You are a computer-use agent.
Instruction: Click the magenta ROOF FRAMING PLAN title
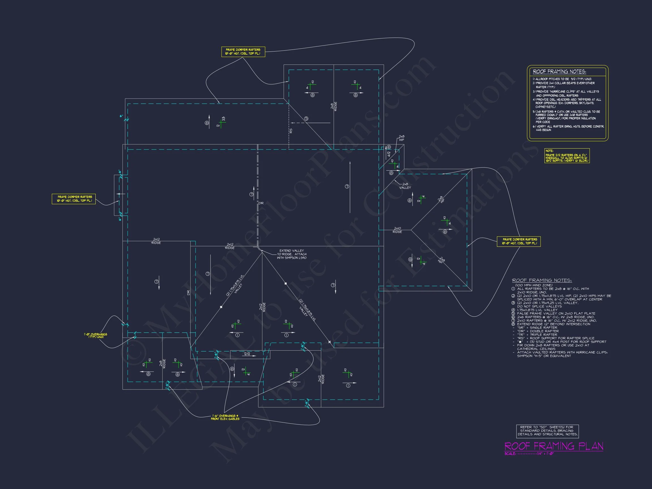coord(554,446)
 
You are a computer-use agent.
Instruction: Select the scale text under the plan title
coord(529,454)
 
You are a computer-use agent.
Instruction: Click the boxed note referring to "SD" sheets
coord(547,431)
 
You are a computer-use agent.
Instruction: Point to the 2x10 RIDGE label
coord(397,230)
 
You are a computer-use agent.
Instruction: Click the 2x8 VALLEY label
coord(405,186)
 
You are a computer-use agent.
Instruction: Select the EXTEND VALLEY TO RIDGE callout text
coord(291,254)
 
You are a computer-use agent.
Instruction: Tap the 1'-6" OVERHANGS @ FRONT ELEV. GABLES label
coord(225,417)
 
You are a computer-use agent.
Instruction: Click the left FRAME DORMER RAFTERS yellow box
coord(74,199)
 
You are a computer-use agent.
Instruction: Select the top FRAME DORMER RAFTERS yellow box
coord(243,52)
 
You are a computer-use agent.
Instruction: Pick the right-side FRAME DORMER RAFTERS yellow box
coord(518,241)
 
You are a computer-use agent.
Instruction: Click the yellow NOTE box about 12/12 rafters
coord(567,156)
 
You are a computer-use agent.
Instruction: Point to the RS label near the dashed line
coord(291,130)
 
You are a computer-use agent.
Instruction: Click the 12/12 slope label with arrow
coord(247,354)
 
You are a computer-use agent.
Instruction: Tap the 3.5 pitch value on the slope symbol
coord(224,119)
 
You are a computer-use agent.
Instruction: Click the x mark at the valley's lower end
coord(329,342)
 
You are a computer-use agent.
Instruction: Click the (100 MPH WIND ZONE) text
coord(534,285)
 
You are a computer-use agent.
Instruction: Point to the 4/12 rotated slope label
coord(389,154)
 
